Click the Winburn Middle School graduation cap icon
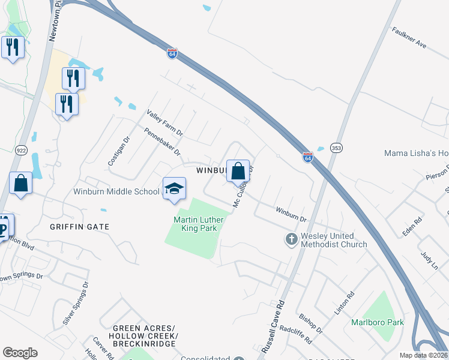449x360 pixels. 174,188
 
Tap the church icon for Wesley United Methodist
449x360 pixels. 291,240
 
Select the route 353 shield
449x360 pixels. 336,148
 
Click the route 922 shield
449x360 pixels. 22,150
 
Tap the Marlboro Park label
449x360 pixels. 378,322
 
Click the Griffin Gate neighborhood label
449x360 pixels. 80,227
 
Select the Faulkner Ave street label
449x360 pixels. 409,37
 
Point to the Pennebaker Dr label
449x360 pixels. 161,141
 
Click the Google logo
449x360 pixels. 20,353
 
